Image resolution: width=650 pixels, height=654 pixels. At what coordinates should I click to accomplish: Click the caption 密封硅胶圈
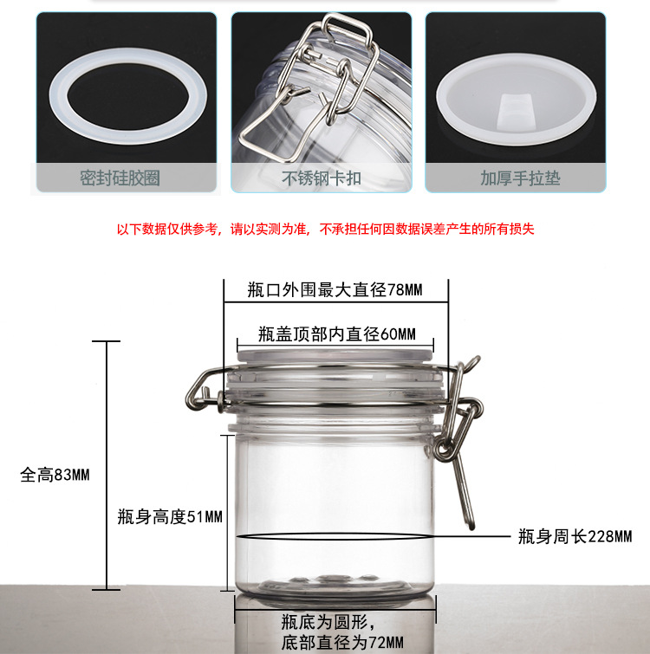pos(120,178)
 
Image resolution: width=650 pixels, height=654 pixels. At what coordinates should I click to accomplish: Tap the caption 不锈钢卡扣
pos(322,178)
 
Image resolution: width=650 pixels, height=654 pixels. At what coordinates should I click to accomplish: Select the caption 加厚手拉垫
pos(520,178)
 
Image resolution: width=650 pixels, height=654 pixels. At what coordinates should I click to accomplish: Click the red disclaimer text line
pos(325,229)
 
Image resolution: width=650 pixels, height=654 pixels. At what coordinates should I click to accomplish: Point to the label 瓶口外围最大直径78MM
pos(335,290)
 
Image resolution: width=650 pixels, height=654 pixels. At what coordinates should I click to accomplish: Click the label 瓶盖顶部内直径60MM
pos(337,334)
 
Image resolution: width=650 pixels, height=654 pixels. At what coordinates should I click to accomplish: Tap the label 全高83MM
pos(55,475)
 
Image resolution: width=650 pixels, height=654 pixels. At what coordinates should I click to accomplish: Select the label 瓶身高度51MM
pos(170,517)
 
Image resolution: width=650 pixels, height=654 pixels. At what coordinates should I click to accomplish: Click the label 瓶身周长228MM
pos(575,536)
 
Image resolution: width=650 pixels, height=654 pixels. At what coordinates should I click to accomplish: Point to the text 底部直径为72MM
pos(342,643)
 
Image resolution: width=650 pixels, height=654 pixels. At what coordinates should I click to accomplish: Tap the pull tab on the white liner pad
pos(516,110)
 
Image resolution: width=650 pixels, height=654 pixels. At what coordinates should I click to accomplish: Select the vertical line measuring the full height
pos(107,465)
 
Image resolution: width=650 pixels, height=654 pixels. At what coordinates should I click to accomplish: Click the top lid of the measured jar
pos(335,356)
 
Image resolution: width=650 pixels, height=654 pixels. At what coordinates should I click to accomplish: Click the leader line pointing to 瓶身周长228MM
pos(472,536)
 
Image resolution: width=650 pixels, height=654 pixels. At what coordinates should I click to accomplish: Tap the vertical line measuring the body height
pos(227,513)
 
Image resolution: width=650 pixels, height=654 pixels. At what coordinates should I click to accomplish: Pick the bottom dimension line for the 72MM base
pos(335,609)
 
